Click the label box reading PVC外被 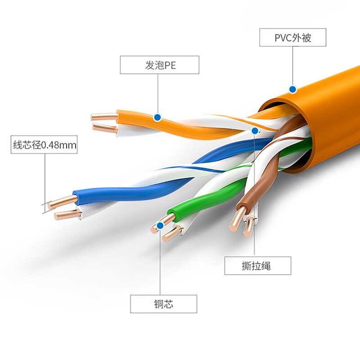[x=292, y=38]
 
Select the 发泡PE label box [x=160, y=65]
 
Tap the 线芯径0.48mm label [x=44, y=145]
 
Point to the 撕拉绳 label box [x=258, y=265]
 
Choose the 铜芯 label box [x=163, y=304]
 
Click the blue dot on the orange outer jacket [x=292, y=89]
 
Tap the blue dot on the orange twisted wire [x=157, y=117]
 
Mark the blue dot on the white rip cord [x=255, y=131]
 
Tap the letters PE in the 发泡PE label [x=170, y=65]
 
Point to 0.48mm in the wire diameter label [x=59, y=145]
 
